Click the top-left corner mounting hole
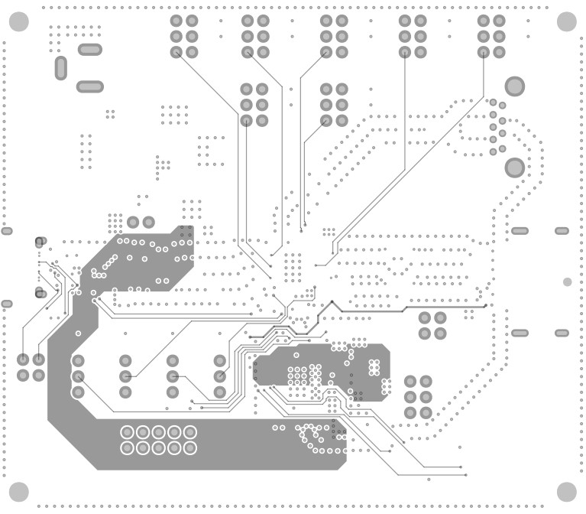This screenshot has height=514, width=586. click(x=18, y=21)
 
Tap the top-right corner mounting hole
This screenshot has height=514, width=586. click(x=566, y=21)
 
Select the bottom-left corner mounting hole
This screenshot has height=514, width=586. click(x=18, y=492)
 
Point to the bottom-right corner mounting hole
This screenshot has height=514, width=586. click(x=566, y=492)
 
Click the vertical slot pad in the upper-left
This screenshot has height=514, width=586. click(x=61, y=68)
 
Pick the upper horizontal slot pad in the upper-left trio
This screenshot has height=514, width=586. click(x=89, y=50)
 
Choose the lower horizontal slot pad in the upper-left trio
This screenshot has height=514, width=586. click(x=89, y=86)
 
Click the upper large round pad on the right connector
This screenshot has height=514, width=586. click(x=515, y=86)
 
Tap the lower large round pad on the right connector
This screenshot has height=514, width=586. click(x=515, y=167)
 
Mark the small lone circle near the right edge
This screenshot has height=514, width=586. click(x=567, y=282)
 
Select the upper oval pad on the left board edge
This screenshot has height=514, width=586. click(x=7, y=231)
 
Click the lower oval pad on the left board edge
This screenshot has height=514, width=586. click(x=7, y=304)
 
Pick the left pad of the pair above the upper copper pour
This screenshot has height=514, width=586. click(x=133, y=223)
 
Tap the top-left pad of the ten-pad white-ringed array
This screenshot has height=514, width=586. click(x=127, y=432)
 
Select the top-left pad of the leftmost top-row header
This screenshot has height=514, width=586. click(x=176, y=21)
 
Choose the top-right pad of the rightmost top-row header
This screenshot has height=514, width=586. click(x=499, y=21)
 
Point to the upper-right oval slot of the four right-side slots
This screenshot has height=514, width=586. click(x=562, y=230)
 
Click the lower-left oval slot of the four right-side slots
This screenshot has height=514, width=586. click(x=520, y=333)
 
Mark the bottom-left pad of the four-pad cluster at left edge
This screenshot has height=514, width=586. click(x=23, y=376)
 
